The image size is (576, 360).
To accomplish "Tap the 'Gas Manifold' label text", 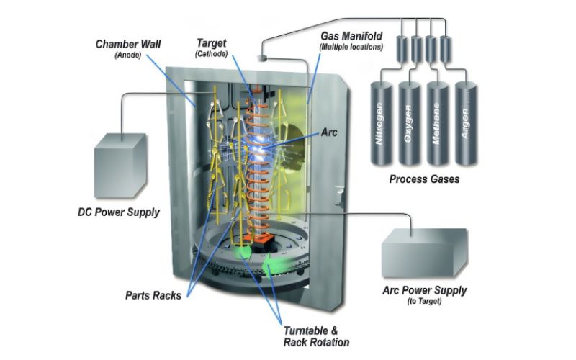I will [351, 35].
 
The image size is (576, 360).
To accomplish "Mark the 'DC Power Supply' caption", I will [119, 212].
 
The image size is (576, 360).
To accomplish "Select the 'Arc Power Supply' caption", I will [424, 290].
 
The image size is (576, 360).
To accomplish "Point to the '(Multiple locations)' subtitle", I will [351, 47].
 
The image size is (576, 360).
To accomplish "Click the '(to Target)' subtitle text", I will [424, 302].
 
